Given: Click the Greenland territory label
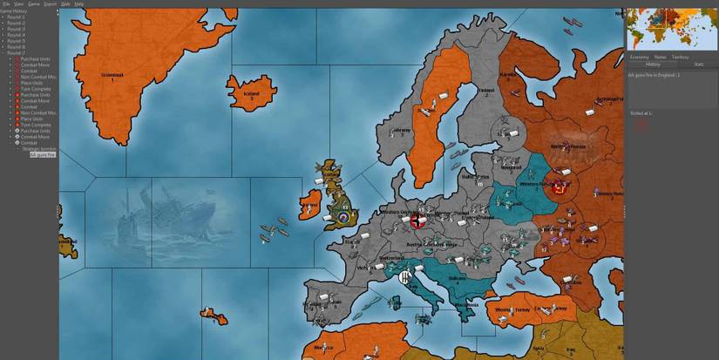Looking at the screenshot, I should click(x=112, y=76).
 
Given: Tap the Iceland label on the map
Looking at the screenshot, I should click(x=252, y=92).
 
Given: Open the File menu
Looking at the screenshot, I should click(x=6, y=3).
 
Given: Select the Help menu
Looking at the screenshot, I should click(x=78, y=3).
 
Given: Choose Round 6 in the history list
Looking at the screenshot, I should click(x=17, y=46).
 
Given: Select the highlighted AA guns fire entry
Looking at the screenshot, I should click(x=43, y=154).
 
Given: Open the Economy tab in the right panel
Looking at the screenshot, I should click(x=639, y=57).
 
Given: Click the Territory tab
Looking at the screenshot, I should click(x=680, y=57).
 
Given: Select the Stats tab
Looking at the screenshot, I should click(x=698, y=64).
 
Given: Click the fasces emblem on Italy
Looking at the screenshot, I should click(x=405, y=279).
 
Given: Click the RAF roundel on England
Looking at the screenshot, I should click(x=344, y=215).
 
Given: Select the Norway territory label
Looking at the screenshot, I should click(x=402, y=131).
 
